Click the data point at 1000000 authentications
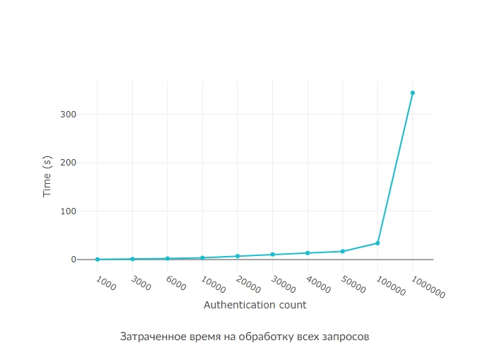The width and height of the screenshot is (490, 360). click(412, 93)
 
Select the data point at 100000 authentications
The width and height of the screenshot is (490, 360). click(378, 243)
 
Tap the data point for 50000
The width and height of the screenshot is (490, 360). click(343, 251)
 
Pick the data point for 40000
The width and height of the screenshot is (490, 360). click(308, 253)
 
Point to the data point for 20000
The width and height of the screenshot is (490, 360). click(238, 256)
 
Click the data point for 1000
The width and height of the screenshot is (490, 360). click(98, 260)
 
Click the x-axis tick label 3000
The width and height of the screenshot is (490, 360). click(140, 282)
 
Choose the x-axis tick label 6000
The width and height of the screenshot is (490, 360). click(175, 282)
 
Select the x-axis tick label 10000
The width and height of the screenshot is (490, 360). click(212, 284)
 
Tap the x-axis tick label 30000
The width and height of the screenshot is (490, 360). click(283, 284)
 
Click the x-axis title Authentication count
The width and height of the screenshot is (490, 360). click(255, 306)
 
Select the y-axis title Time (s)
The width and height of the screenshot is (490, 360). click(47, 176)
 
